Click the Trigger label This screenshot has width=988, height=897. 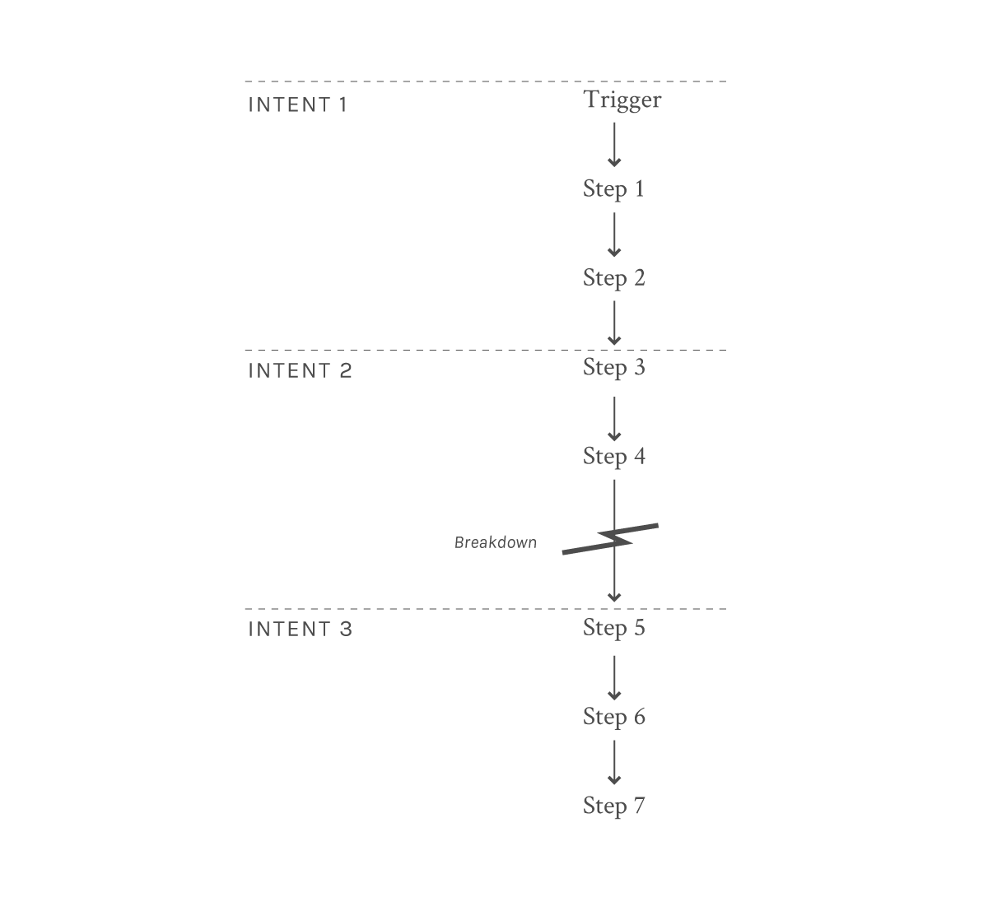(x=622, y=101)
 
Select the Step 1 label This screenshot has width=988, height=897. (x=613, y=189)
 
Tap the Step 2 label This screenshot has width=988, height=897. (x=613, y=278)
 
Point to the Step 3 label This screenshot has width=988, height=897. (x=613, y=367)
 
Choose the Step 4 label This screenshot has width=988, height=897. (x=613, y=457)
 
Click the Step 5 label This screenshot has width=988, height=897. (x=613, y=628)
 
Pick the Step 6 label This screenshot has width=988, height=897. (x=613, y=717)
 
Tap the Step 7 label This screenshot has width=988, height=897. (x=613, y=806)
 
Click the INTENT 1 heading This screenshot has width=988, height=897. (x=297, y=105)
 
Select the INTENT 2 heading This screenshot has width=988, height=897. (x=300, y=370)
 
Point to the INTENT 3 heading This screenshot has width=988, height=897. (x=300, y=630)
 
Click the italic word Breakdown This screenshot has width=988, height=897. (x=496, y=542)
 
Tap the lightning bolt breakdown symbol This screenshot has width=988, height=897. (x=610, y=538)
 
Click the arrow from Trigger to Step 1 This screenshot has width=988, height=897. (x=614, y=145)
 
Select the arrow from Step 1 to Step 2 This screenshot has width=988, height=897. (x=614, y=235)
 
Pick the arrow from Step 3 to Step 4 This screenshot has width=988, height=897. (x=614, y=419)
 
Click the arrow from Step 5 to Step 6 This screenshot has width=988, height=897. (x=614, y=678)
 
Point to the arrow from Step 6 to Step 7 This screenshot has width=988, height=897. (x=614, y=763)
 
